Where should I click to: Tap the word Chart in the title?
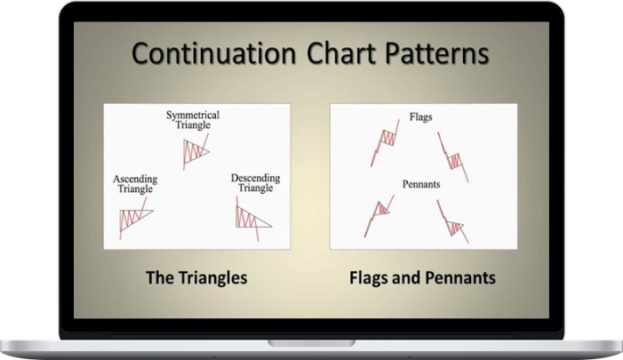pyautogui.click(x=337, y=54)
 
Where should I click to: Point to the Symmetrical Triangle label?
pyautogui.click(x=193, y=121)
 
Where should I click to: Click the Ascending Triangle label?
pyautogui.click(x=134, y=184)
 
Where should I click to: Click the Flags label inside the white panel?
pyautogui.click(x=421, y=116)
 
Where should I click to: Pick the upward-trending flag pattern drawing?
pyautogui.click(x=384, y=141)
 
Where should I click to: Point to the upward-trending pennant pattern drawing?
pyautogui.click(x=379, y=213)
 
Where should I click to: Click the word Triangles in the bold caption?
pyautogui.click(x=210, y=278)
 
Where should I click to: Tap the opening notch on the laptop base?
pyautogui.click(x=311, y=340)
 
